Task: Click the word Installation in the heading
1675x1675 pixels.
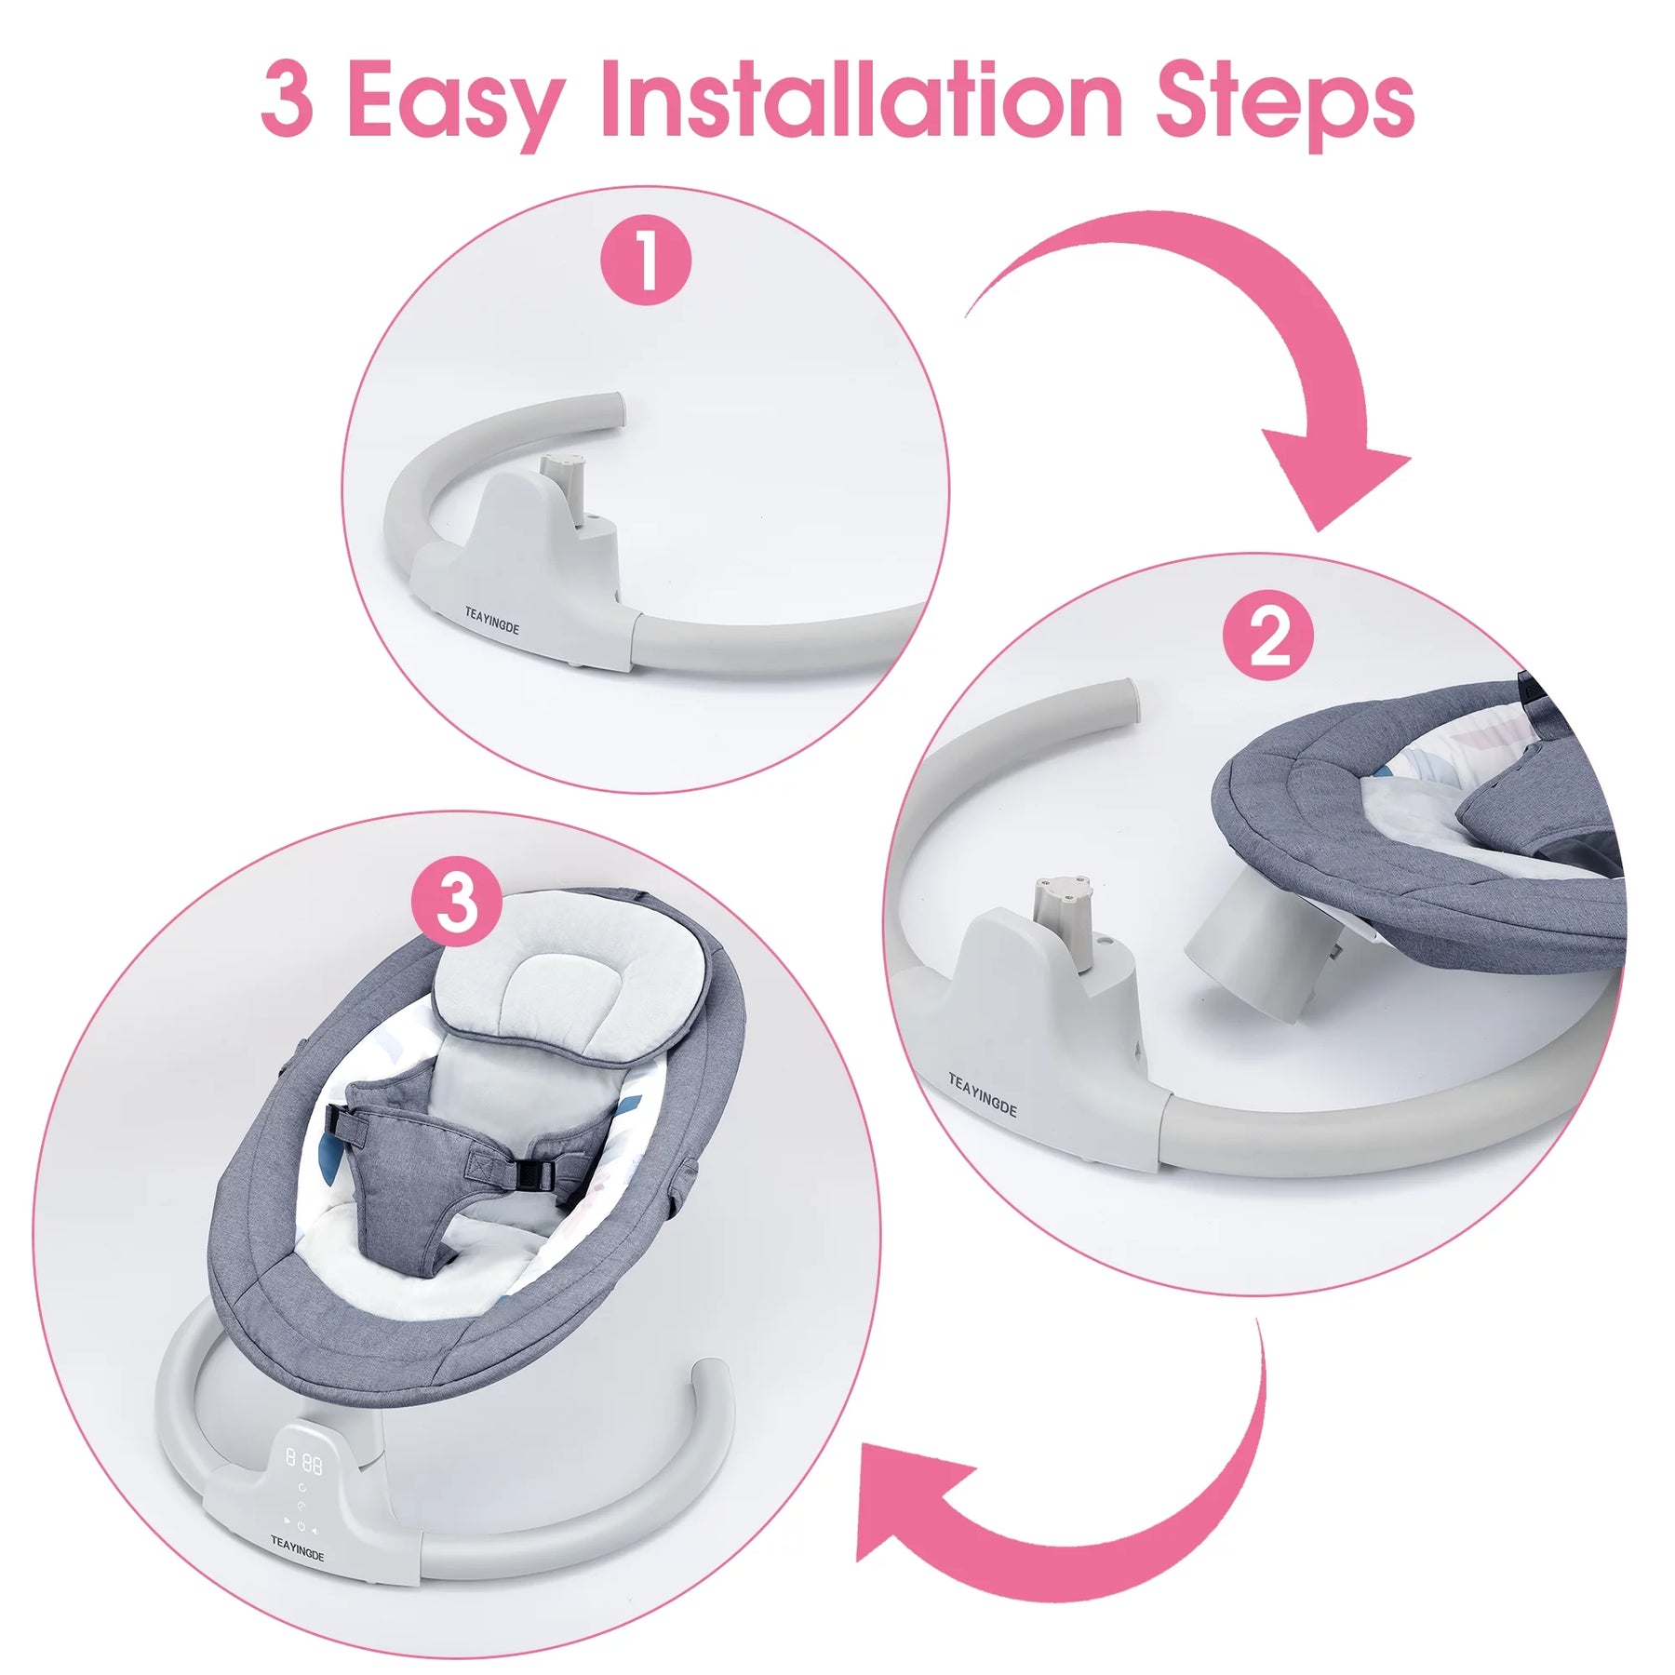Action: [862, 99]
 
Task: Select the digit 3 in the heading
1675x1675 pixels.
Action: [287, 100]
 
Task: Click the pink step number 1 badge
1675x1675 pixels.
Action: [646, 261]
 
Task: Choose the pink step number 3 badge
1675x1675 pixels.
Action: [457, 902]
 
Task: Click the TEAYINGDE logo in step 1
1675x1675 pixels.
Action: [492, 621]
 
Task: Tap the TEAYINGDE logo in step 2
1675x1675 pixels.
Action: [983, 1094]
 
